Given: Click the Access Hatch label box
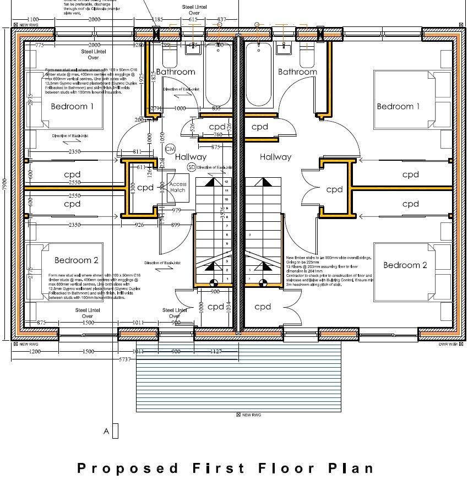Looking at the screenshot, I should [x=178, y=187].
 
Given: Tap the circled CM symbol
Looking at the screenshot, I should [x=170, y=149].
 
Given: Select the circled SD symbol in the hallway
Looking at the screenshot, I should [x=191, y=167].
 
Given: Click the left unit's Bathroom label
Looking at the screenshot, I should [x=176, y=72].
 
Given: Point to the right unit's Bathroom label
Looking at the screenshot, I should [x=297, y=72].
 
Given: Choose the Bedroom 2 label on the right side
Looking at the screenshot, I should [x=405, y=265].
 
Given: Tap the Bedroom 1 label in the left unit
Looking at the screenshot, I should [x=73, y=106].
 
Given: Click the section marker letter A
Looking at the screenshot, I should [x=107, y=432].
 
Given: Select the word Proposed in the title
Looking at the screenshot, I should [x=127, y=468].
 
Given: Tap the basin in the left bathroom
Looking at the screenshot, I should [x=193, y=48].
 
